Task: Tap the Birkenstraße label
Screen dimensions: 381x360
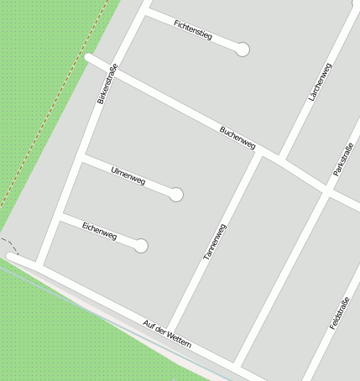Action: tap(107, 83)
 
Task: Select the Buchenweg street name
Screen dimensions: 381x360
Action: tap(237, 138)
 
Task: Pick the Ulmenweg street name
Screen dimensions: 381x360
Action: tap(128, 176)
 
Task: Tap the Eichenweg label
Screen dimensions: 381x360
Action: tap(100, 230)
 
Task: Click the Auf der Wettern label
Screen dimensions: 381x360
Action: tap(167, 334)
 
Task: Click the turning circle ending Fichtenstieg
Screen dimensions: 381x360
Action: tap(243, 50)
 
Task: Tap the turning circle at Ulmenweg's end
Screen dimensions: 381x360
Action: tap(176, 195)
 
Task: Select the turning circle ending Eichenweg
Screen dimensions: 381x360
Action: tap(141, 246)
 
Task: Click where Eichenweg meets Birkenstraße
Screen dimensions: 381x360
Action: tap(65, 214)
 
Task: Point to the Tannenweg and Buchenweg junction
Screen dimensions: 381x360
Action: tap(258, 154)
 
